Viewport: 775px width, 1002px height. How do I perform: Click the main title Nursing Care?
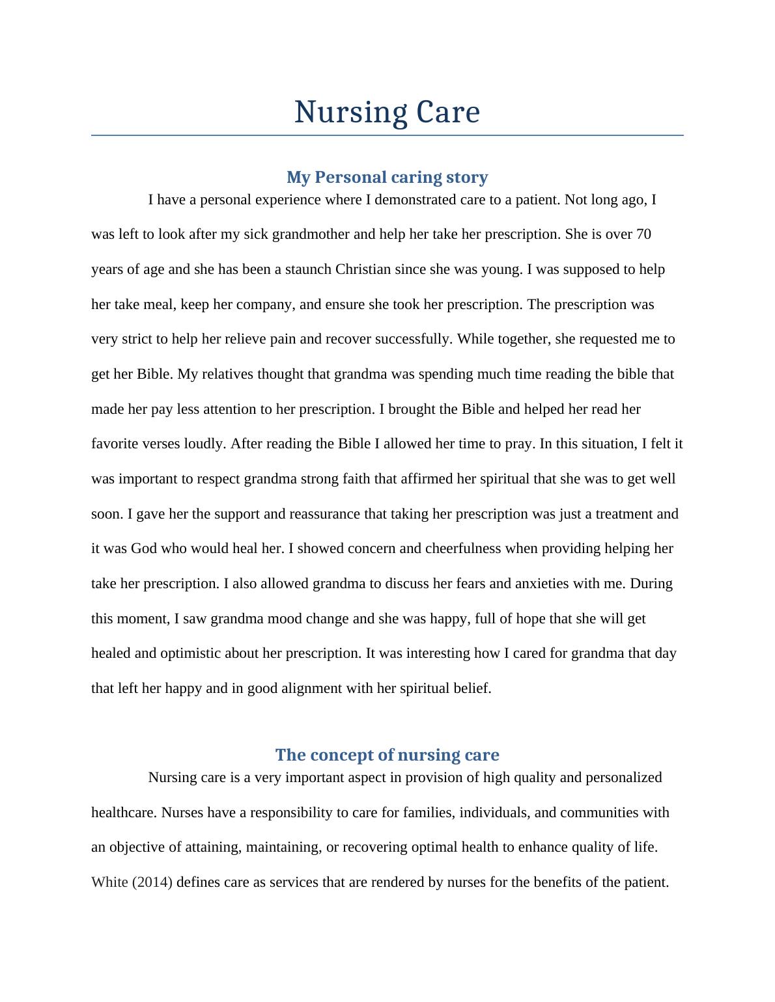pos(387,112)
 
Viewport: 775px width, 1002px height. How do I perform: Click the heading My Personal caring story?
pos(387,177)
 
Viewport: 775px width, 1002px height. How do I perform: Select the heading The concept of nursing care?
pos(387,755)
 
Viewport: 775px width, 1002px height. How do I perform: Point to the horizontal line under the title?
pos(387,135)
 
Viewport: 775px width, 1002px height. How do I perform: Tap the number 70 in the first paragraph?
pos(643,234)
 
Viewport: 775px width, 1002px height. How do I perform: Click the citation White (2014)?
pos(132,882)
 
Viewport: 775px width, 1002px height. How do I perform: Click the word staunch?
pos(308,269)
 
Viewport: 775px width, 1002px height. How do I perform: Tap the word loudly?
pos(206,444)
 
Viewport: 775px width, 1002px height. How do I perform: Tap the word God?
pos(143,548)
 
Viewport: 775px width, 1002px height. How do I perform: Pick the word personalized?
pos(623,778)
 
